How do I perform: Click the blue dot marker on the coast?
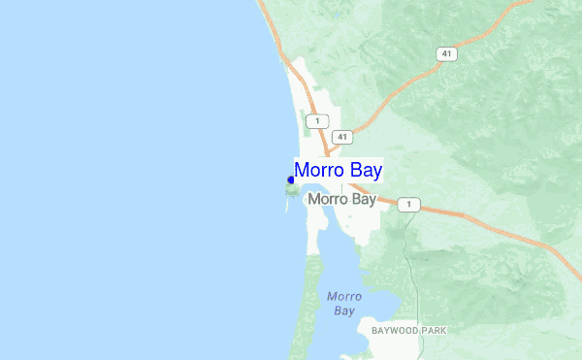pos(291,180)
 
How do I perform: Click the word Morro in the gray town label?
pos(326,200)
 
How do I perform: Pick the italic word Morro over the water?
pos(344,297)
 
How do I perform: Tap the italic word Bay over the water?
pos(344,311)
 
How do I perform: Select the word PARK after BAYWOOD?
pos(435,331)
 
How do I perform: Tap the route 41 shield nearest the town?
pos(340,137)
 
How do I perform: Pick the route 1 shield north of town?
pos(315,120)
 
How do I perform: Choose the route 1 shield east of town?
pos(411,204)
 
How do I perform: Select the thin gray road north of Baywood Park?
pos(417,281)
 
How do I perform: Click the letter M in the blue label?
pos(303,171)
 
